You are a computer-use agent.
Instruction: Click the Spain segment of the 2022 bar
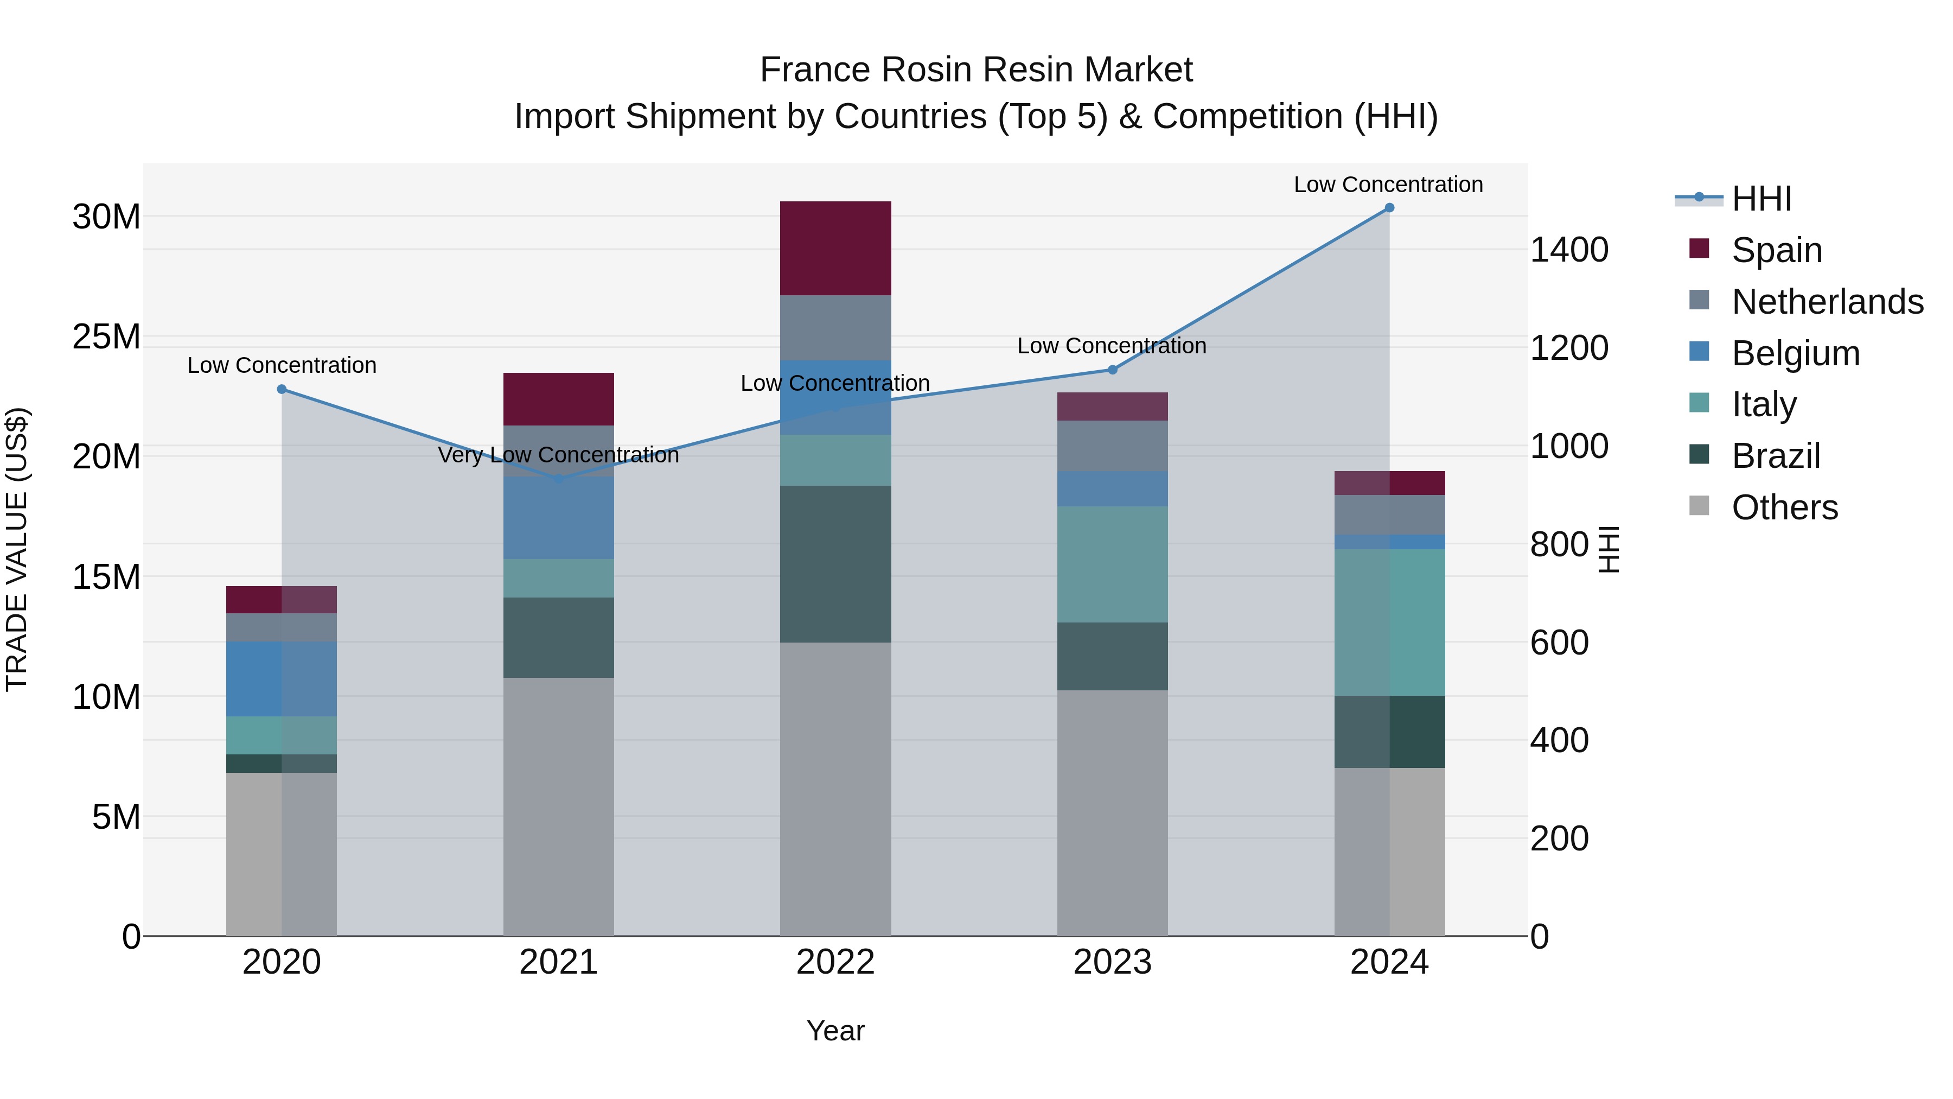(x=835, y=248)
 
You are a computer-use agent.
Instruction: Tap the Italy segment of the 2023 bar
(x=1112, y=564)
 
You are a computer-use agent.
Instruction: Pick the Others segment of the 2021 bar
(x=559, y=806)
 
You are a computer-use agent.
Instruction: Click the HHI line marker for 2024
(x=1389, y=208)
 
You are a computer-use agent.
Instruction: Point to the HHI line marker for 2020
(x=282, y=389)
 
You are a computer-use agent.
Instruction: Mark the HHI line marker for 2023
(x=1112, y=370)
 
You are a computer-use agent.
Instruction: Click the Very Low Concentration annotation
(x=559, y=455)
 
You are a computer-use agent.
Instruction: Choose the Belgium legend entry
(x=1795, y=353)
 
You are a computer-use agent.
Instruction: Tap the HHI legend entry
(x=1761, y=199)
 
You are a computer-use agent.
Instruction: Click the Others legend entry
(x=1784, y=507)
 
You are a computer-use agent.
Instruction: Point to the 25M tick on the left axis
(x=106, y=336)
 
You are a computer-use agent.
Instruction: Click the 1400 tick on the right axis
(x=1568, y=250)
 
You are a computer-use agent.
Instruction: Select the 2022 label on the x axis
(x=835, y=962)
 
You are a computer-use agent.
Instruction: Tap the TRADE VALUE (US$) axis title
(x=17, y=549)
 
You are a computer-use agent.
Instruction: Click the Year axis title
(x=835, y=1031)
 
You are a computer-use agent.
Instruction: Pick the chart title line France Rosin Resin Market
(x=976, y=70)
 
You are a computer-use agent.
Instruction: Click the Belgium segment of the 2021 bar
(x=559, y=518)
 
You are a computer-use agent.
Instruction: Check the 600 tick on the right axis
(x=1559, y=643)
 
